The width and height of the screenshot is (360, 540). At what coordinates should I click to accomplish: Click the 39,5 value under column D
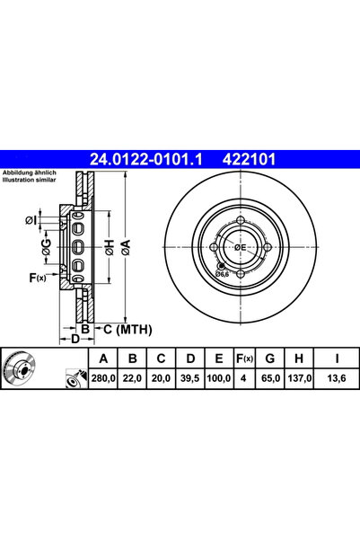pyautogui.click(x=189, y=381)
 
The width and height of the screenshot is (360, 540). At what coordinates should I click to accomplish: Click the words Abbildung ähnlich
pyautogui.click(x=29, y=173)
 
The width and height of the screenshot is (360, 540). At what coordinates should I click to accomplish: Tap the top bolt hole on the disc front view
pyautogui.click(x=241, y=221)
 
